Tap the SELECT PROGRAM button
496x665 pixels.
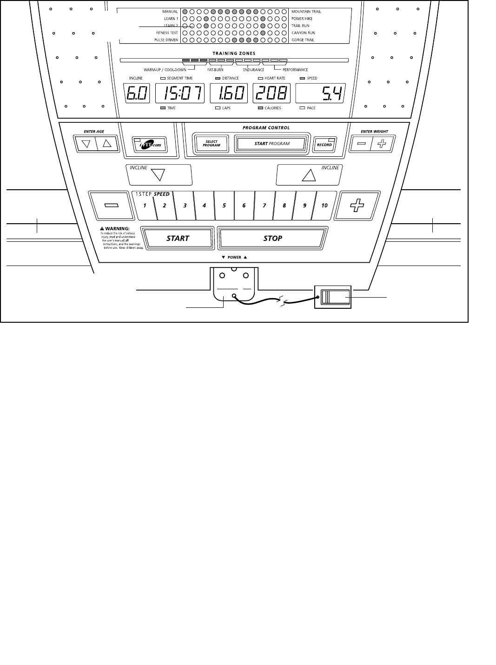[212, 144]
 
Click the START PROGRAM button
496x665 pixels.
[271, 144]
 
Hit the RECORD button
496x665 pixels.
[324, 144]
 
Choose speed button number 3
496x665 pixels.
[185, 205]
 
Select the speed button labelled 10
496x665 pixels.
[324, 205]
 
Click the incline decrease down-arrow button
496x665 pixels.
[159, 175]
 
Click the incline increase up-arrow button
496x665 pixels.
[309, 175]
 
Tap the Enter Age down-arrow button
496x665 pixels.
[86, 144]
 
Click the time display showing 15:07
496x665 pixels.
[179, 94]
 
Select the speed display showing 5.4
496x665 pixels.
[320, 94]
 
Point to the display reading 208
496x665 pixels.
[272, 94]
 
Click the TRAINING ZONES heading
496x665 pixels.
[234, 53]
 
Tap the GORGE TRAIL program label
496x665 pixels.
[303, 40]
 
